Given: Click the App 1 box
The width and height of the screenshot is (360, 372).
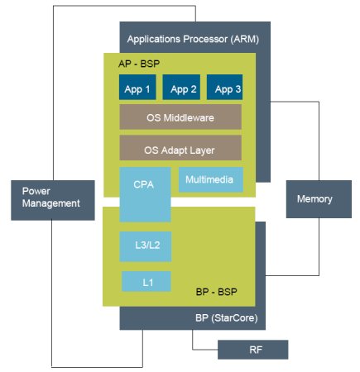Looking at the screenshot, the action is point(137,87).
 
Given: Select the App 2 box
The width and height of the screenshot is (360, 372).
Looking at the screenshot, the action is point(181,87).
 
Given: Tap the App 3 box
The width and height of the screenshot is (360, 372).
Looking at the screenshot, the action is point(224,87).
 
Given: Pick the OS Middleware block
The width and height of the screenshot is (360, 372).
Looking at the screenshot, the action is point(180,117).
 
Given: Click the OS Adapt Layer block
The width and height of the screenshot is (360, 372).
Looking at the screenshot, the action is point(180,148).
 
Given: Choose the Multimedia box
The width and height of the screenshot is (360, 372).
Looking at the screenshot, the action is point(211,179).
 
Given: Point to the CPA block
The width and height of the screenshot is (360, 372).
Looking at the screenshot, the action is point(145,194).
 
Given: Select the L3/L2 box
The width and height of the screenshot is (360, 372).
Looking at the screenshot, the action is point(146,246).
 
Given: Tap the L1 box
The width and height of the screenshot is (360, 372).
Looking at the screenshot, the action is point(146,281).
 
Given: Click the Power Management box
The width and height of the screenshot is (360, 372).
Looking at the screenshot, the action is point(53,200).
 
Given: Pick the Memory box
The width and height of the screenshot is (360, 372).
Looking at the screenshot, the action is point(319,199).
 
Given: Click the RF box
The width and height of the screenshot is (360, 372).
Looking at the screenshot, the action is point(252,350).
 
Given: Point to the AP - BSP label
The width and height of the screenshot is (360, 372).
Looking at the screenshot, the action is point(139,64).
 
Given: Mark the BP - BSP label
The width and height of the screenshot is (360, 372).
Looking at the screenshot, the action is point(216,292).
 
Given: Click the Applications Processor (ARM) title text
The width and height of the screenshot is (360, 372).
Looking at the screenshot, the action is point(193,39).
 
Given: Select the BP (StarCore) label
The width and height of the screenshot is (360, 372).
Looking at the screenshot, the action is point(227,318).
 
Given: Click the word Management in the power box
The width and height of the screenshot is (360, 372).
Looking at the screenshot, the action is point(51,203).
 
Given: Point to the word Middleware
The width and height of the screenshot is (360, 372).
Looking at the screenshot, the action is point(189,118).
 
